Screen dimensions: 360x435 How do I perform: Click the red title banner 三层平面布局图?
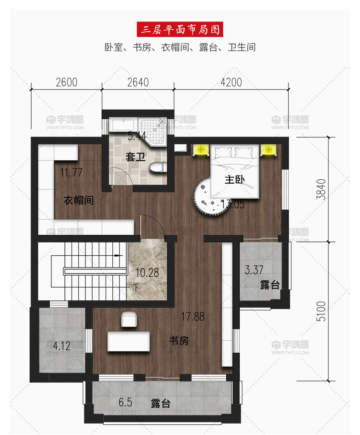[x=180, y=29]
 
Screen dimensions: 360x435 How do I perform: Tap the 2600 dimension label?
[x=66, y=82]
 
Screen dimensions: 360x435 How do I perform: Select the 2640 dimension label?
[x=138, y=82]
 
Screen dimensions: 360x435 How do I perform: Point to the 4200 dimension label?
[x=231, y=82]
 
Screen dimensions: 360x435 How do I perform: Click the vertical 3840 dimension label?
[x=321, y=189]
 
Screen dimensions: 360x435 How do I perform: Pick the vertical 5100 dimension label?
[x=321, y=311]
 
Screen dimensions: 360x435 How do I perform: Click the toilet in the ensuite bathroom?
[x=158, y=167]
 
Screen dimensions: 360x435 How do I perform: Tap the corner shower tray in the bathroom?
[x=153, y=131]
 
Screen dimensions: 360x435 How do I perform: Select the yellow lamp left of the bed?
[x=201, y=150]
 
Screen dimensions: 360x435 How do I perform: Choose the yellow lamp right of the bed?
[x=268, y=150]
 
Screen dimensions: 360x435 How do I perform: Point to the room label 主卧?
[x=235, y=179]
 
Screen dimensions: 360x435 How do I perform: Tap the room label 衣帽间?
[x=78, y=200]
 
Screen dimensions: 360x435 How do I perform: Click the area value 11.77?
[x=71, y=173]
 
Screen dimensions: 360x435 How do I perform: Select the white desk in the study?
[x=129, y=341]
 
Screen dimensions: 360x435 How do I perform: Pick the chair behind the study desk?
[x=129, y=319]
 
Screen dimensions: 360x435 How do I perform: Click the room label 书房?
[x=179, y=340]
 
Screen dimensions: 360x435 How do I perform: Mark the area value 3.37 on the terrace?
[x=254, y=270]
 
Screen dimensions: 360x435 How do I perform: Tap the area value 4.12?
[x=62, y=346]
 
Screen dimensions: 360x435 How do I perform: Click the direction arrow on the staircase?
[x=118, y=255]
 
